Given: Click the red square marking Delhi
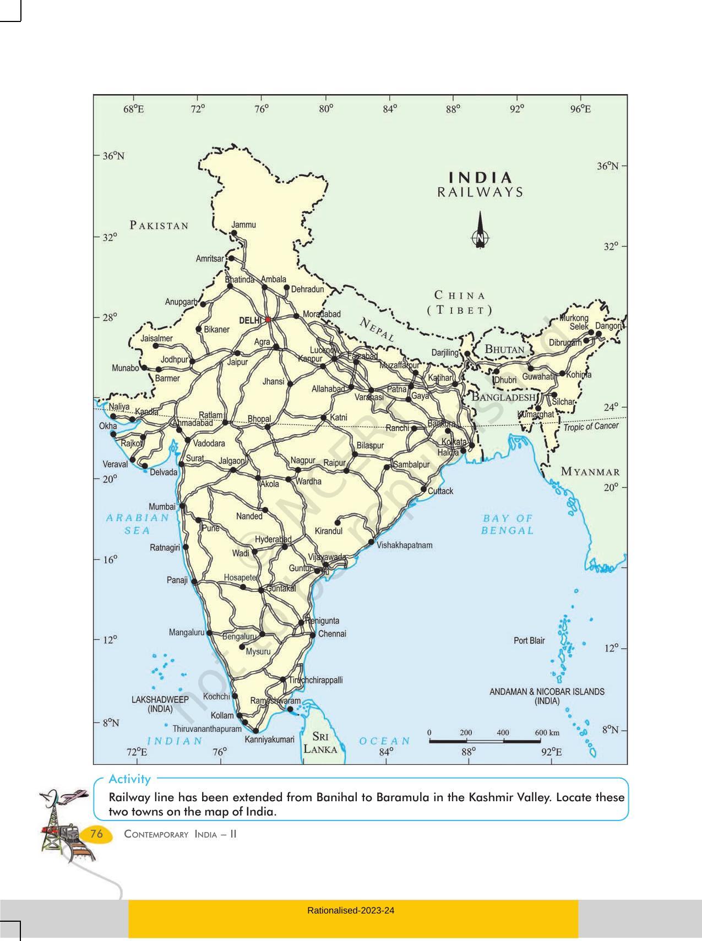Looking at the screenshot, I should point(268,319).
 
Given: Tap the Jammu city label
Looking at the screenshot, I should point(243,225).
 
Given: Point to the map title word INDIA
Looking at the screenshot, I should point(481,178).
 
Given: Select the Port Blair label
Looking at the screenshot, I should point(529,641).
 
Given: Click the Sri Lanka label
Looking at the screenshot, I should point(321,742).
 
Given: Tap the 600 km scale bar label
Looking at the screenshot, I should point(547,732).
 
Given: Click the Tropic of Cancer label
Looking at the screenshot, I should point(591,426).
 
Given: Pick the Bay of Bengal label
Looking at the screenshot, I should point(508,524).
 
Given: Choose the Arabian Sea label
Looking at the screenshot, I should point(138,524).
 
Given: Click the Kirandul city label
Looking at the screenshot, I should point(329,531).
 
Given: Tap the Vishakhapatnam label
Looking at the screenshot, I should point(405,545).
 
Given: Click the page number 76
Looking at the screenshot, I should point(96,834).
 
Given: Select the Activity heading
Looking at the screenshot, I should point(129,779).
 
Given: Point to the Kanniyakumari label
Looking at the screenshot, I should point(270,740).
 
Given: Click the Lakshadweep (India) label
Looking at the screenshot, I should point(160,704).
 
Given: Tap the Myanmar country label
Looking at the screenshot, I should point(590,472).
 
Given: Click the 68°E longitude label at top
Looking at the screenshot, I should point(134,109).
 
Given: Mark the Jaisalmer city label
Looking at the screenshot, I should point(156,338).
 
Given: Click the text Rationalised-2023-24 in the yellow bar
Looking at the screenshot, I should point(351,910).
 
